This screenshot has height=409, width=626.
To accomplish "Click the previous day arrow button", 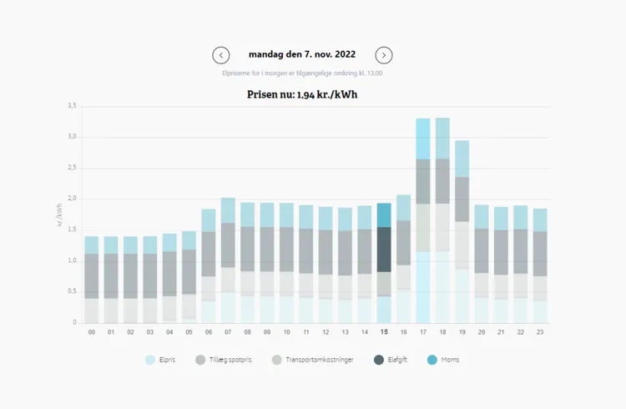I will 221,55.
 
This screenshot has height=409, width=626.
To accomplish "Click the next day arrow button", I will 384,55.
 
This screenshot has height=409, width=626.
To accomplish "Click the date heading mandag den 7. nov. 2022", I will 302,55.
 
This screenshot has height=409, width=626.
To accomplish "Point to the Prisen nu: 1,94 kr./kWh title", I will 302,94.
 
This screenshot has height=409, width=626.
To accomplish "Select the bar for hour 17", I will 423,221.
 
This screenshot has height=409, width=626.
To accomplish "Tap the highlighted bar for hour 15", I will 384,263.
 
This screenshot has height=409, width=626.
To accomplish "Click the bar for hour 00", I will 92,280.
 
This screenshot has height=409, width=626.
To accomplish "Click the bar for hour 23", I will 540,265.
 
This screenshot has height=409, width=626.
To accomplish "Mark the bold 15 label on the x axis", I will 384,332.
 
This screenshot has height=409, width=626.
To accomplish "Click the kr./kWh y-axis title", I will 60,214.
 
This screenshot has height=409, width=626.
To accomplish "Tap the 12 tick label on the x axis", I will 326,332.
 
